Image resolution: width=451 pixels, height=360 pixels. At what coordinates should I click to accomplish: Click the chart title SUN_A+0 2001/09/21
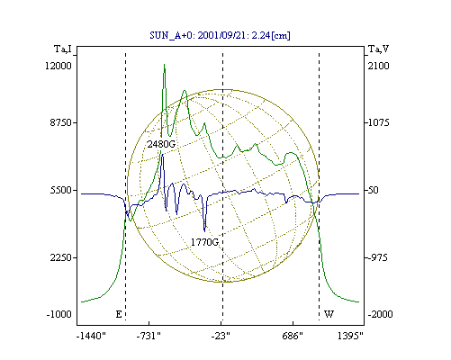[x=220, y=35]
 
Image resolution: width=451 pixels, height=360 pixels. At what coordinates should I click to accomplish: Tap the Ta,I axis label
[x=63, y=49]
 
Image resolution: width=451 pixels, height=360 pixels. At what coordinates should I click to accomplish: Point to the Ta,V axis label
[x=378, y=49]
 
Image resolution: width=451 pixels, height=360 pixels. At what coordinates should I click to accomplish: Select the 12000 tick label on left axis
[x=59, y=66]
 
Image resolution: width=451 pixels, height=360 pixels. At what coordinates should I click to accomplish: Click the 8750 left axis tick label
[x=61, y=122]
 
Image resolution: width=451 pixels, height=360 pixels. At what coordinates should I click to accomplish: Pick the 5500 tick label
[x=61, y=190]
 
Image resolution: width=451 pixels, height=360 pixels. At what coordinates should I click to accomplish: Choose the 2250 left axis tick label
[x=61, y=257]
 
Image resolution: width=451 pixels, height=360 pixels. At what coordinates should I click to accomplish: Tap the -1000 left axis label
[x=59, y=314]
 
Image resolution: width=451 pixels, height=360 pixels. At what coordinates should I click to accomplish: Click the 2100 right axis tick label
[x=379, y=66]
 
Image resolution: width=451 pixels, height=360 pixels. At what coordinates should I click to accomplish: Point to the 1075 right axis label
[x=379, y=122]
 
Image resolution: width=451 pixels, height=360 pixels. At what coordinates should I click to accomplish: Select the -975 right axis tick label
[x=378, y=257]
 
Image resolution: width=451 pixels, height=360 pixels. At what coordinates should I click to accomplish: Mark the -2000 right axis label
[x=381, y=314]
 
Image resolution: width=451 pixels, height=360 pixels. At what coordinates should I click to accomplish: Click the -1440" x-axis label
[x=91, y=336]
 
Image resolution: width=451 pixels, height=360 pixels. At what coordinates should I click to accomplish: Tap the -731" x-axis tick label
[x=149, y=336]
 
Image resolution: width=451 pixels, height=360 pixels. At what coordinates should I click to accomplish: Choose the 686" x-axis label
[x=293, y=336]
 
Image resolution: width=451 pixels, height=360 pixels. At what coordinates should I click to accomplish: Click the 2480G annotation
[x=161, y=144]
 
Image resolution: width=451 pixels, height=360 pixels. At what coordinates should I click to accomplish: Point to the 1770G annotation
[x=205, y=242]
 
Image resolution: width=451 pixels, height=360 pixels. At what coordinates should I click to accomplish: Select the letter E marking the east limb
[x=119, y=314]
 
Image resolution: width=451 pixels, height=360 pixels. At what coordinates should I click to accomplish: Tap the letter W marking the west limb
[x=329, y=314]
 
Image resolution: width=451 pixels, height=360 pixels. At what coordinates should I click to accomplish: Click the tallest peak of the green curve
[x=164, y=65]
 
